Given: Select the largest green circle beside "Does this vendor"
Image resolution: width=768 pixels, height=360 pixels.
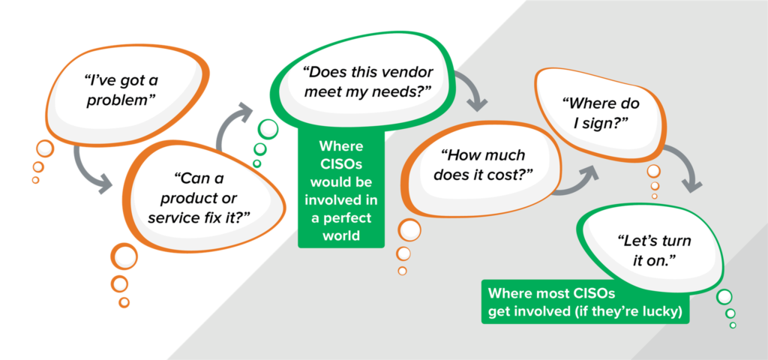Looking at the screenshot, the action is coord(268,129).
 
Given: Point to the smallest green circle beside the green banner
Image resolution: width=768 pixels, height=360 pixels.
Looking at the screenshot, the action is coord(733,325).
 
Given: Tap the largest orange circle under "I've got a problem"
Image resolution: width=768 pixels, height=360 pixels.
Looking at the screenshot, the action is coord(44,148).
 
